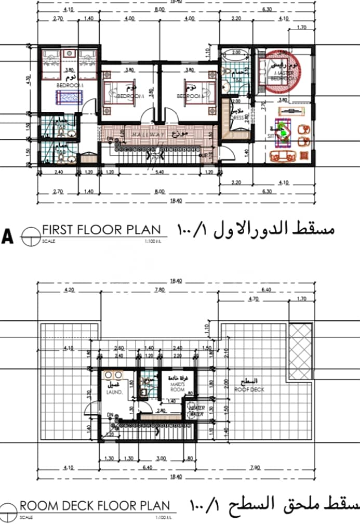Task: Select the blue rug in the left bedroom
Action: pos(69,97)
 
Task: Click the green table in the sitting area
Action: pos(284,130)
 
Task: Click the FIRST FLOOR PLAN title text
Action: pos(101,230)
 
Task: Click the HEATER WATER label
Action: pos(197,411)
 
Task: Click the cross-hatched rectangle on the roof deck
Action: pos(301,346)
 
